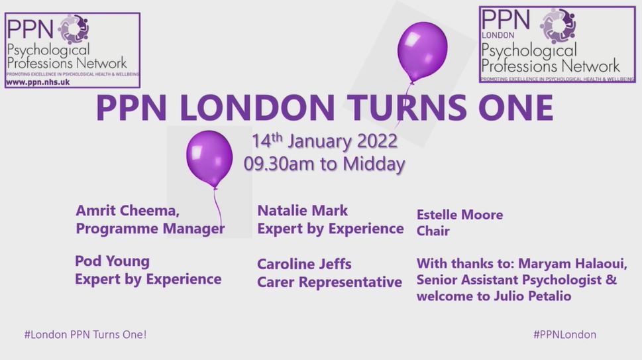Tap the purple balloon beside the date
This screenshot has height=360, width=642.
click(209, 159)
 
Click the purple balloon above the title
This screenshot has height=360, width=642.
click(422, 52)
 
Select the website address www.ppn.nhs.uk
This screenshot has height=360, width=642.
click(38, 82)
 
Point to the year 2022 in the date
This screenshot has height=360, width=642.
click(377, 141)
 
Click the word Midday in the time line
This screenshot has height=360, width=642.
click(374, 164)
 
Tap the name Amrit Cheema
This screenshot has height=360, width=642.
click(127, 211)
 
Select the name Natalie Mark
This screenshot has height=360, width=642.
click(302, 211)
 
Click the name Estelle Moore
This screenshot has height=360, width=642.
click(460, 215)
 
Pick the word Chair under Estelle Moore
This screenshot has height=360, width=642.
click(433, 231)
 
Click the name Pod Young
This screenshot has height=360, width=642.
click(112, 261)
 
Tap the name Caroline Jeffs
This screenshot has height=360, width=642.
click(304, 264)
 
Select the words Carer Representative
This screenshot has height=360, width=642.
click(329, 282)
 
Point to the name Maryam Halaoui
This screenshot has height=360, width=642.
click(572, 263)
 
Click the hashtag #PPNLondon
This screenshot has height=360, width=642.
click(564, 335)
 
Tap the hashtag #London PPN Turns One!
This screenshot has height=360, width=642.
click(85, 335)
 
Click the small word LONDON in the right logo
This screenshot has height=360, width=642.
click(498, 35)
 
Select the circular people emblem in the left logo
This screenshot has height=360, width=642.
click(74, 29)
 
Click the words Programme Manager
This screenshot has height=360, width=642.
click(150, 229)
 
